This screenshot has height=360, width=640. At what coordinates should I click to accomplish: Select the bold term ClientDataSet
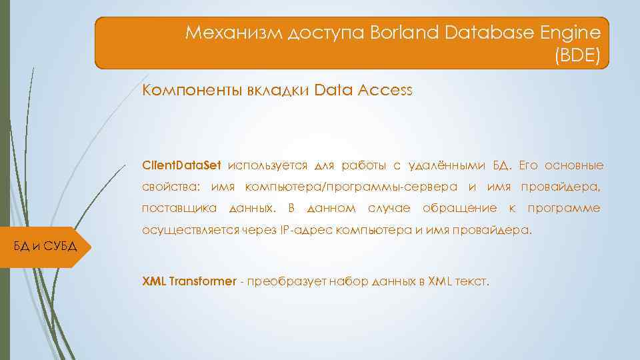pos(181,165)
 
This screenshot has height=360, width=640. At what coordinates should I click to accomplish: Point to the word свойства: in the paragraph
pos(172,187)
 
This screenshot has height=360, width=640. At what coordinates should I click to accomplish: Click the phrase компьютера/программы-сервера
pos(351,187)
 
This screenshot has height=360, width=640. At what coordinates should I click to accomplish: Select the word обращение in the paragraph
pos(460,208)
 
